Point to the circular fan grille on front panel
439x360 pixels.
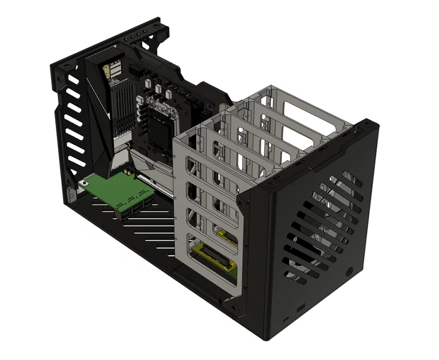[322, 225]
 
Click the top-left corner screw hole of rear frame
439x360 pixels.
[57, 68]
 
